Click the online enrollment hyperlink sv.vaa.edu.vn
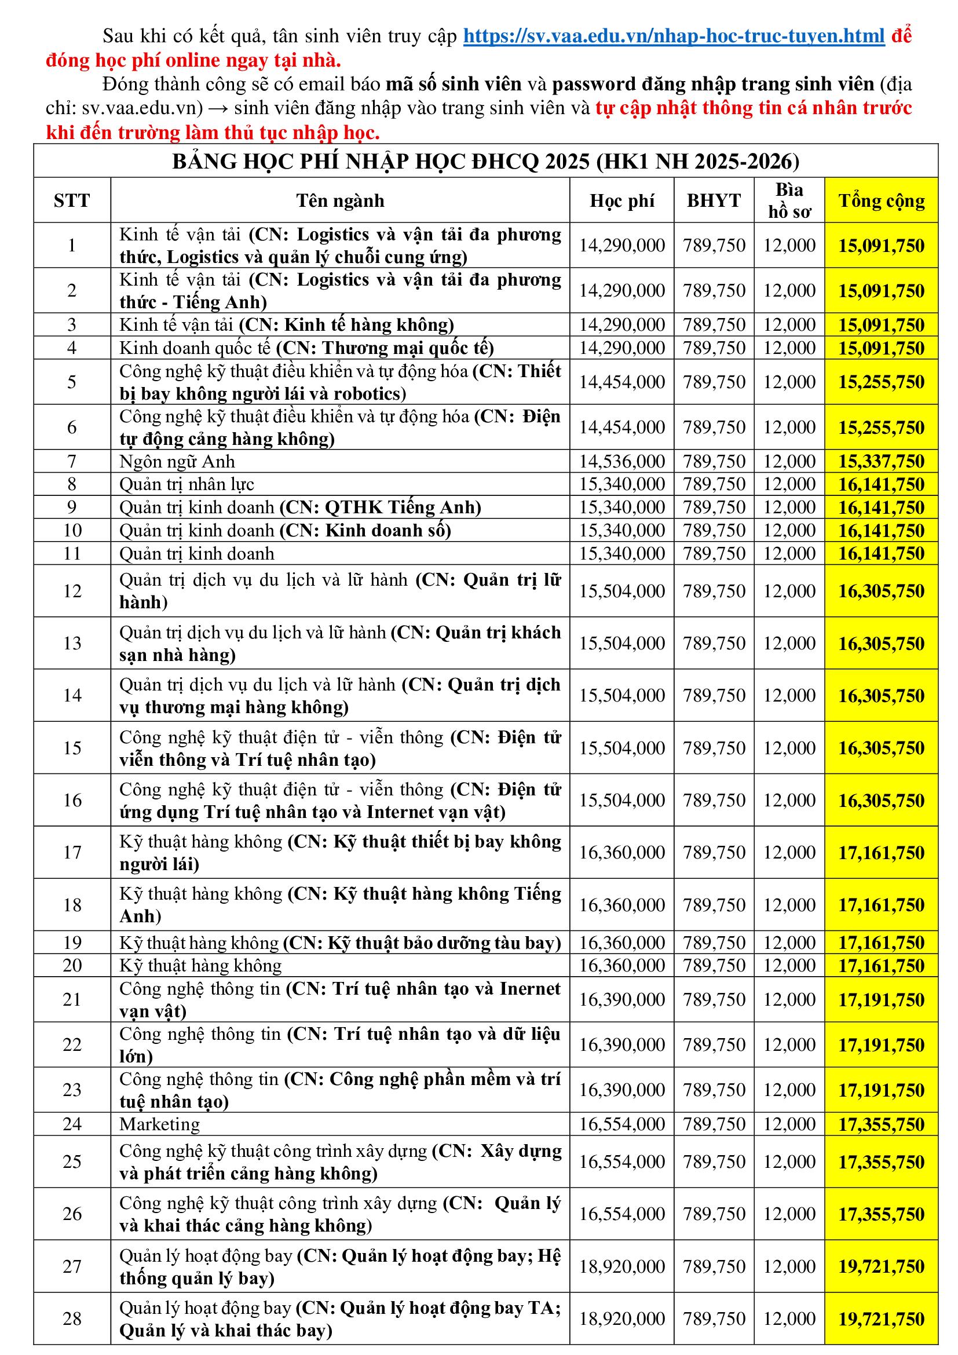[x=674, y=36]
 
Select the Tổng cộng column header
[x=882, y=200]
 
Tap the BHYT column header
[x=713, y=200]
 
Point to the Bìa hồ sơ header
[x=789, y=200]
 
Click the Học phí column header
[x=621, y=200]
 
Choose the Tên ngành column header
[x=340, y=200]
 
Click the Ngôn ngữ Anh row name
[x=177, y=462]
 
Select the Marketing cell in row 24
[x=159, y=1124]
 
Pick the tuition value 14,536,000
[x=621, y=462]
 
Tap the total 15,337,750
[x=882, y=462]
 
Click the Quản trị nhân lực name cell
[x=187, y=484]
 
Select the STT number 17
[x=72, y=852]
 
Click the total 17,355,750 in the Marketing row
[x=882, y=1125]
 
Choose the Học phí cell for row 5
[x=621, y=382]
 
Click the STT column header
[x=72, y=200]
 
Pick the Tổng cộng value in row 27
[x=882, y=1266]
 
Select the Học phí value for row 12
[x=621, y=591]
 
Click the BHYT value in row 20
[x=714, y=966]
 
